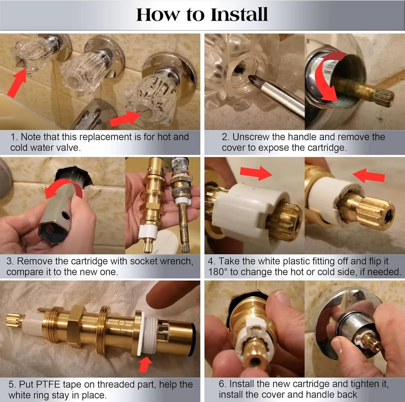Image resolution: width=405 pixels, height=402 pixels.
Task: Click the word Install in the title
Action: pyautogui.click(x=239, y=15)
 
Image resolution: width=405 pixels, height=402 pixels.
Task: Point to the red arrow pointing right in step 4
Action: pyautogui.click(x=256, y=173)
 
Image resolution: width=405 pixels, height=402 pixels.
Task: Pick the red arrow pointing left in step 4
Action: pyautogui.click(x=369, y=175)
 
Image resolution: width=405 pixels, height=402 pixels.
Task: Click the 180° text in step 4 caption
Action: pyautogui.click(x=218, y=272)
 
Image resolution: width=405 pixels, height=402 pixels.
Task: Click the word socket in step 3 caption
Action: pyautogui.click(x=144, y=261)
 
